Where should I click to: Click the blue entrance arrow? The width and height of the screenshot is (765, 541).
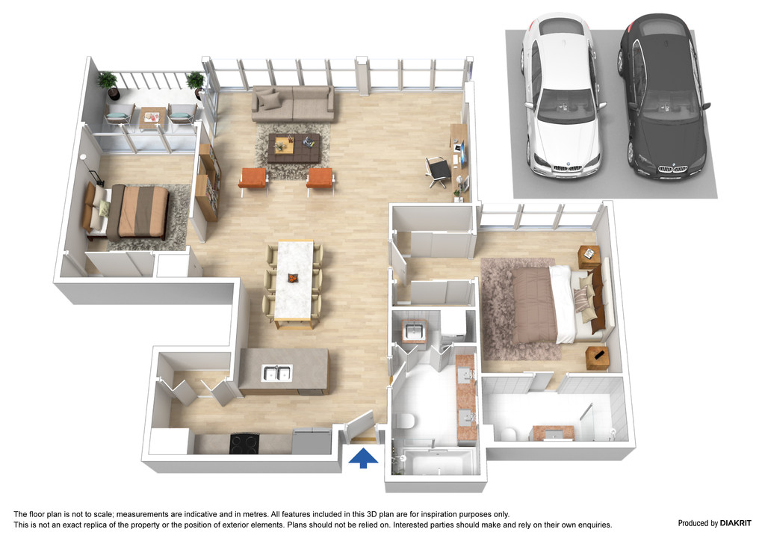[363, 459]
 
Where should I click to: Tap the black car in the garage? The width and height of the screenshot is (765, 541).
[663, 96]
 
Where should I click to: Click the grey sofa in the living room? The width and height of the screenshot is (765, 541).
[293, 103]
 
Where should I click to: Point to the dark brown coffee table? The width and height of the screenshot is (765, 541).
[294, 148]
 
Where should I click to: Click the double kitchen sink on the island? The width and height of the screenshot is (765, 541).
[276, 373]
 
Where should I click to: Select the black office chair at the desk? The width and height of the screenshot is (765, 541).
[438, 171]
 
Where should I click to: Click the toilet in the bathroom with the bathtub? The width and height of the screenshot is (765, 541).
[404, 421]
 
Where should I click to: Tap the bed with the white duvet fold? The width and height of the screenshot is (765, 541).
[561, 304]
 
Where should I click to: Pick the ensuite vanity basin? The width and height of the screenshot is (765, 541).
[554, 433]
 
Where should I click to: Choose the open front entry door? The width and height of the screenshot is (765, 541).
[360, 427]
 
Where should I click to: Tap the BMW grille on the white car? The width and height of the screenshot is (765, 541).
[566, 168]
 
